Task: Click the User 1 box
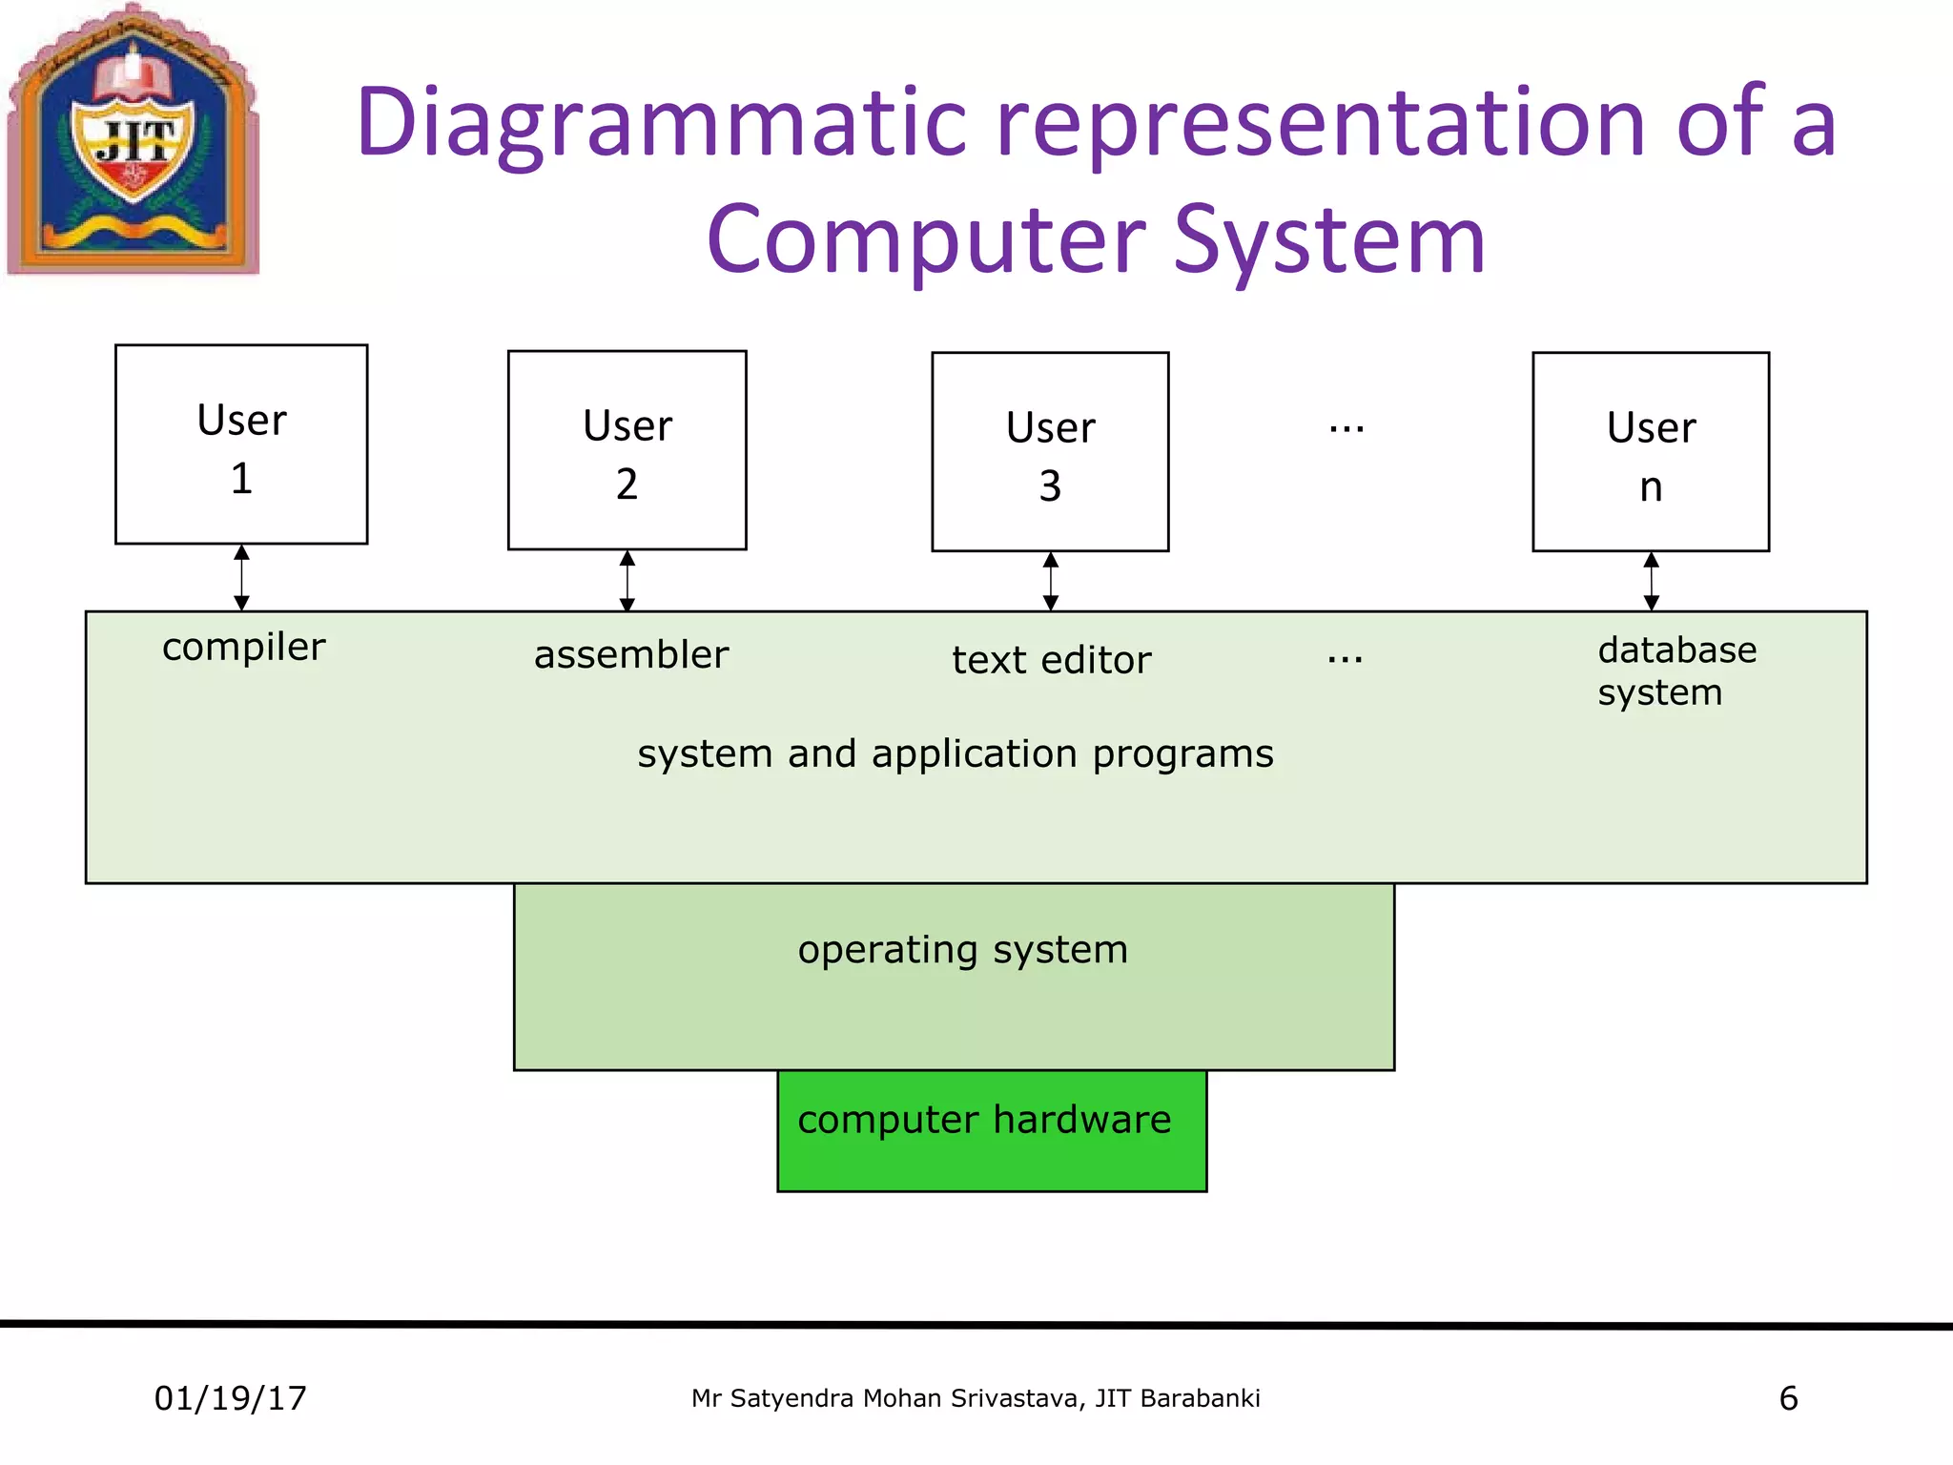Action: pyautogui.click(x=241, y=444)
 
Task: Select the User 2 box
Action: pyautogui.click(x=627, y=450)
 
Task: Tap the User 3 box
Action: pyautogui.click(x=1050, y=452)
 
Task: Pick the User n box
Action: pyautogui.click(x=1651, y=452)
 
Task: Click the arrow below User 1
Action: pyautogui.click(x=242, y=578)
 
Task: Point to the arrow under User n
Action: pyautogui.click(x=1652, y=582)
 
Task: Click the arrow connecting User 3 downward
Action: pyautogui.click(x=1051, y=582)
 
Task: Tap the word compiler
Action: pyautogui.click(x=244, y=648)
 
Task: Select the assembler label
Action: pyautogui.click(x=631, y=655)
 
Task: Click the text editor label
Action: pyautogui.click(x=1052, y=660)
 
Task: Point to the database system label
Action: pyautogui.click(x=1676, y=671)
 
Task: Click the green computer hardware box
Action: pyautogui.click(x=992, y=1131)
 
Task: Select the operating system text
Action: pyautogui.click(x=963, y=950)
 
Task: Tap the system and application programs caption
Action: pyautogui.click(x=956, y=753)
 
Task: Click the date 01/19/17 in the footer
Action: pyautogui.click(x=231, y=1398)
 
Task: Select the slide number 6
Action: pyautogui.click(x=1788, y=1398)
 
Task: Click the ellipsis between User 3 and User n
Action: pyautogui.click(x=1347, y=429)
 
